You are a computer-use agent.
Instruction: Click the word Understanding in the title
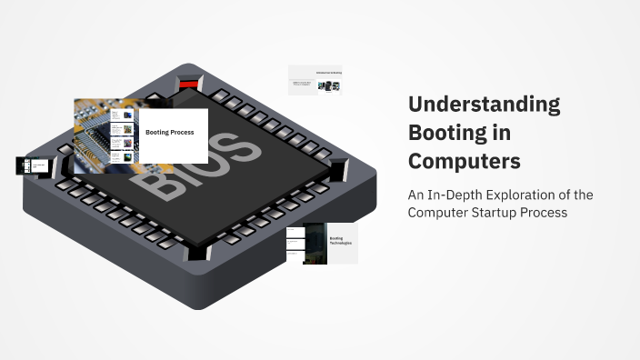[x=484, y=105]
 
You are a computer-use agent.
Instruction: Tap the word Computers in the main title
[x=464, y=161]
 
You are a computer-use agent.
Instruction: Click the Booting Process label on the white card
[x=169, y=133]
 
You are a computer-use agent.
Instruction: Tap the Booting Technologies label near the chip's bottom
[x=339, y=243]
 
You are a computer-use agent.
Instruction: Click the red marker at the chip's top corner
[x=189, y=84]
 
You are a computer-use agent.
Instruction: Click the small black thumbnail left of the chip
[x=32, y=165]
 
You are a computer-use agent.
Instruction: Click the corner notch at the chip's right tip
[x=338, y=169]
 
